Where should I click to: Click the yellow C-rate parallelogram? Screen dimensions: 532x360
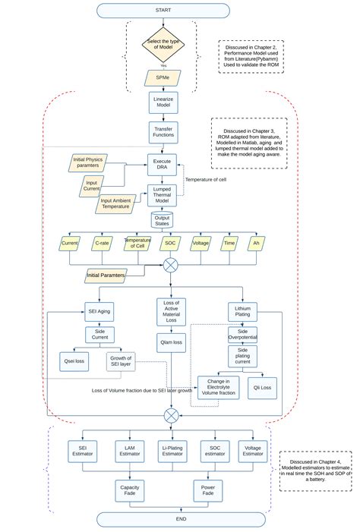tap(102, 244)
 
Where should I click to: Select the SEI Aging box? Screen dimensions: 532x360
tap(99, 311)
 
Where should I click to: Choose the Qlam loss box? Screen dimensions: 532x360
tap(171, 342)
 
